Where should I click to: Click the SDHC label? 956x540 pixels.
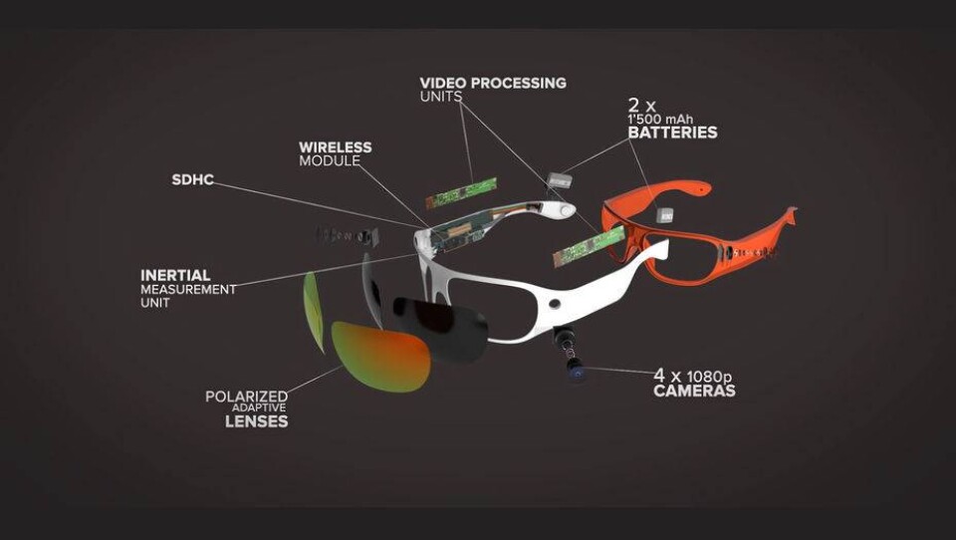[192, 179]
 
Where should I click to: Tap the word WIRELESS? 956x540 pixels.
[336, 147]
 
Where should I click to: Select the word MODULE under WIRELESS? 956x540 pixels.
[330, 160]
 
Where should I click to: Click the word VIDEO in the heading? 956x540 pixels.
[441, 83]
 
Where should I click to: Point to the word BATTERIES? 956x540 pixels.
[672, 132]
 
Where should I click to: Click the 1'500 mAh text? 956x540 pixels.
[660, 119]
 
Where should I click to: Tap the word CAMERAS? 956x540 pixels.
[694, 391]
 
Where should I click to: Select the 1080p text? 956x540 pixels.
[710, 376]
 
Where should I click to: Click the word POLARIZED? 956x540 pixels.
[246, 397]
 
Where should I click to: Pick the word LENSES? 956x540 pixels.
[257, 421]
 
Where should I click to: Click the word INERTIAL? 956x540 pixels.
[175, 275]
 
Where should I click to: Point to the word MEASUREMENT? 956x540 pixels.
[188, 289]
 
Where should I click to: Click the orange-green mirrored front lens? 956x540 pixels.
[381, 357]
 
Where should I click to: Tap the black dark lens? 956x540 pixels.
[440, 328]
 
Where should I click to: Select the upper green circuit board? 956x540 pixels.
[461, 193]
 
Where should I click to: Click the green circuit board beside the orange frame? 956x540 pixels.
[589, 246]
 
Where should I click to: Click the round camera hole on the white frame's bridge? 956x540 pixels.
[555, 303]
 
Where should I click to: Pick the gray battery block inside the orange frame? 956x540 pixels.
[664, 215]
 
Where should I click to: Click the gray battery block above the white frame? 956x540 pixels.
[559, 180]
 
